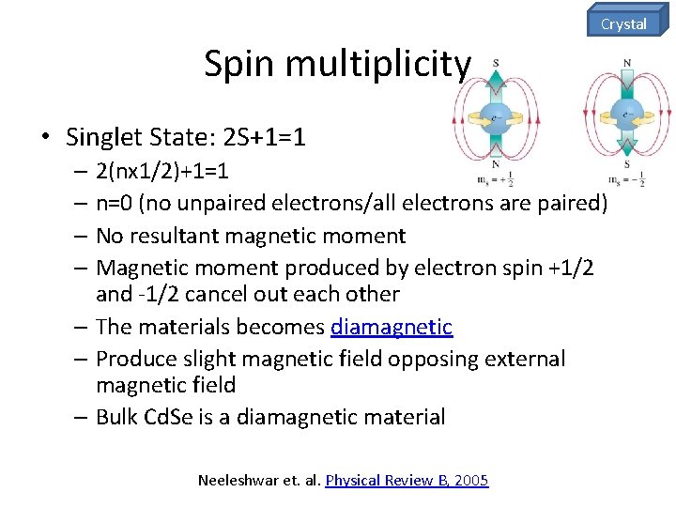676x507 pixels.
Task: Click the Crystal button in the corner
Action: pyautogui.click(x=624, y=23)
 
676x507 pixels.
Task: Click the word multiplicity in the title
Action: pyautogui.click(x=377, y=65)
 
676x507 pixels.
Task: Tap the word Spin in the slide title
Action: pyautogui.click(x=240, y=65)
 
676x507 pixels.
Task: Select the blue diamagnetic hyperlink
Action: pyautogui.click(x=392, y=328)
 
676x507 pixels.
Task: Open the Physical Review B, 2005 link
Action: pyautogui.click(x=407, y=480)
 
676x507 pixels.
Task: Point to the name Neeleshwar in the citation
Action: pyautogui.click(x=239, y=480)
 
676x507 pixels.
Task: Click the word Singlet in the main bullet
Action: pyautogui.click(x=100, y=138)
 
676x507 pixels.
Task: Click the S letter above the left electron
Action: pyautogui.click(x=495, y=64)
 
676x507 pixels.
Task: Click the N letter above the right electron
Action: pyautogui.click(x=626, y=64)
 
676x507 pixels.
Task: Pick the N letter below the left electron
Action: pyautogui.click(x=495, y=163)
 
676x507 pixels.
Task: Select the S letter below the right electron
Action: pyautogui.click(x=626, y=163)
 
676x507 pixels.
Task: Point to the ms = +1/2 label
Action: pyautogui.click(x=495, y=178)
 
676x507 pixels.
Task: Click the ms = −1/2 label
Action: pyautogui.click(x=626, y=178)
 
